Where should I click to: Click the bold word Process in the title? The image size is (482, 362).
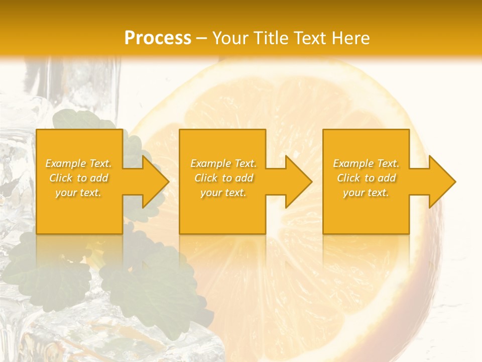coord(158,38)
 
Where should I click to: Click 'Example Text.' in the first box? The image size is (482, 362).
coord(79,163)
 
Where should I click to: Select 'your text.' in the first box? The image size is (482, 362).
coord(79,193)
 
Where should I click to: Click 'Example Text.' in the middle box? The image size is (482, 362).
coord(223,163)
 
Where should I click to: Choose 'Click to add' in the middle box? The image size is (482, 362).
coord(223,178)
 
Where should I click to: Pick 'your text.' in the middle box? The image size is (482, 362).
coord(223,193)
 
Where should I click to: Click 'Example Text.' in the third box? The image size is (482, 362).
coord(366,163)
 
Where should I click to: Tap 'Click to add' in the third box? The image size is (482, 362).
coord(366,178)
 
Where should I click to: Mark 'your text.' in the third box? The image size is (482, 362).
coord(366,193)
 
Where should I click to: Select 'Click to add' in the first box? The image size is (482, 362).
coord(79,178)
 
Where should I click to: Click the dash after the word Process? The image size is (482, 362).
coord(202,38)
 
